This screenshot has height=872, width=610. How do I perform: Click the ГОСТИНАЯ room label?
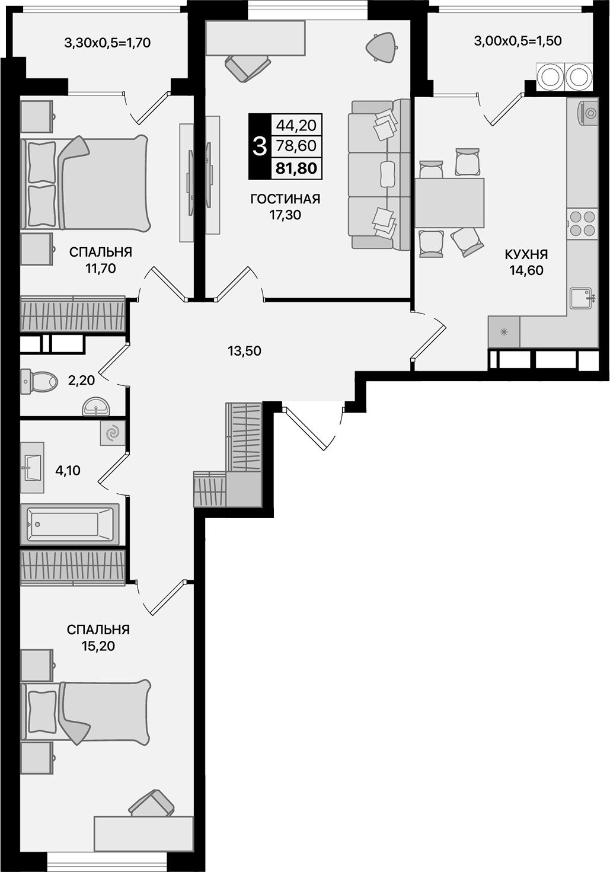285,199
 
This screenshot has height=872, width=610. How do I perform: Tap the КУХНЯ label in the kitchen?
526,255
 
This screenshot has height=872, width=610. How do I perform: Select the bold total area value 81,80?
296,169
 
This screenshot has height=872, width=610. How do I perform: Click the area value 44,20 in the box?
296,124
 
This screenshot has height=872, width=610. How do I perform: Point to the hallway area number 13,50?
244,351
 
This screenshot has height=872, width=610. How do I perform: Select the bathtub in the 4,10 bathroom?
69,524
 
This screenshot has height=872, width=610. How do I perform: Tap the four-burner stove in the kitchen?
582,223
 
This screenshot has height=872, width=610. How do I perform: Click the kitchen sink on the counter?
582,298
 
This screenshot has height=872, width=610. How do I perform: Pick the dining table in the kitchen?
449,203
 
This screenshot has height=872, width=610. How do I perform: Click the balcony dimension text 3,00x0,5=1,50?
518,41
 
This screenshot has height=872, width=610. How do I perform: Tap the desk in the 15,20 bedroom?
143,833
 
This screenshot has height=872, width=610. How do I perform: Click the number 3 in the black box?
259,146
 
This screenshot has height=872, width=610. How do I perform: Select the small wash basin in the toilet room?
95,407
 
